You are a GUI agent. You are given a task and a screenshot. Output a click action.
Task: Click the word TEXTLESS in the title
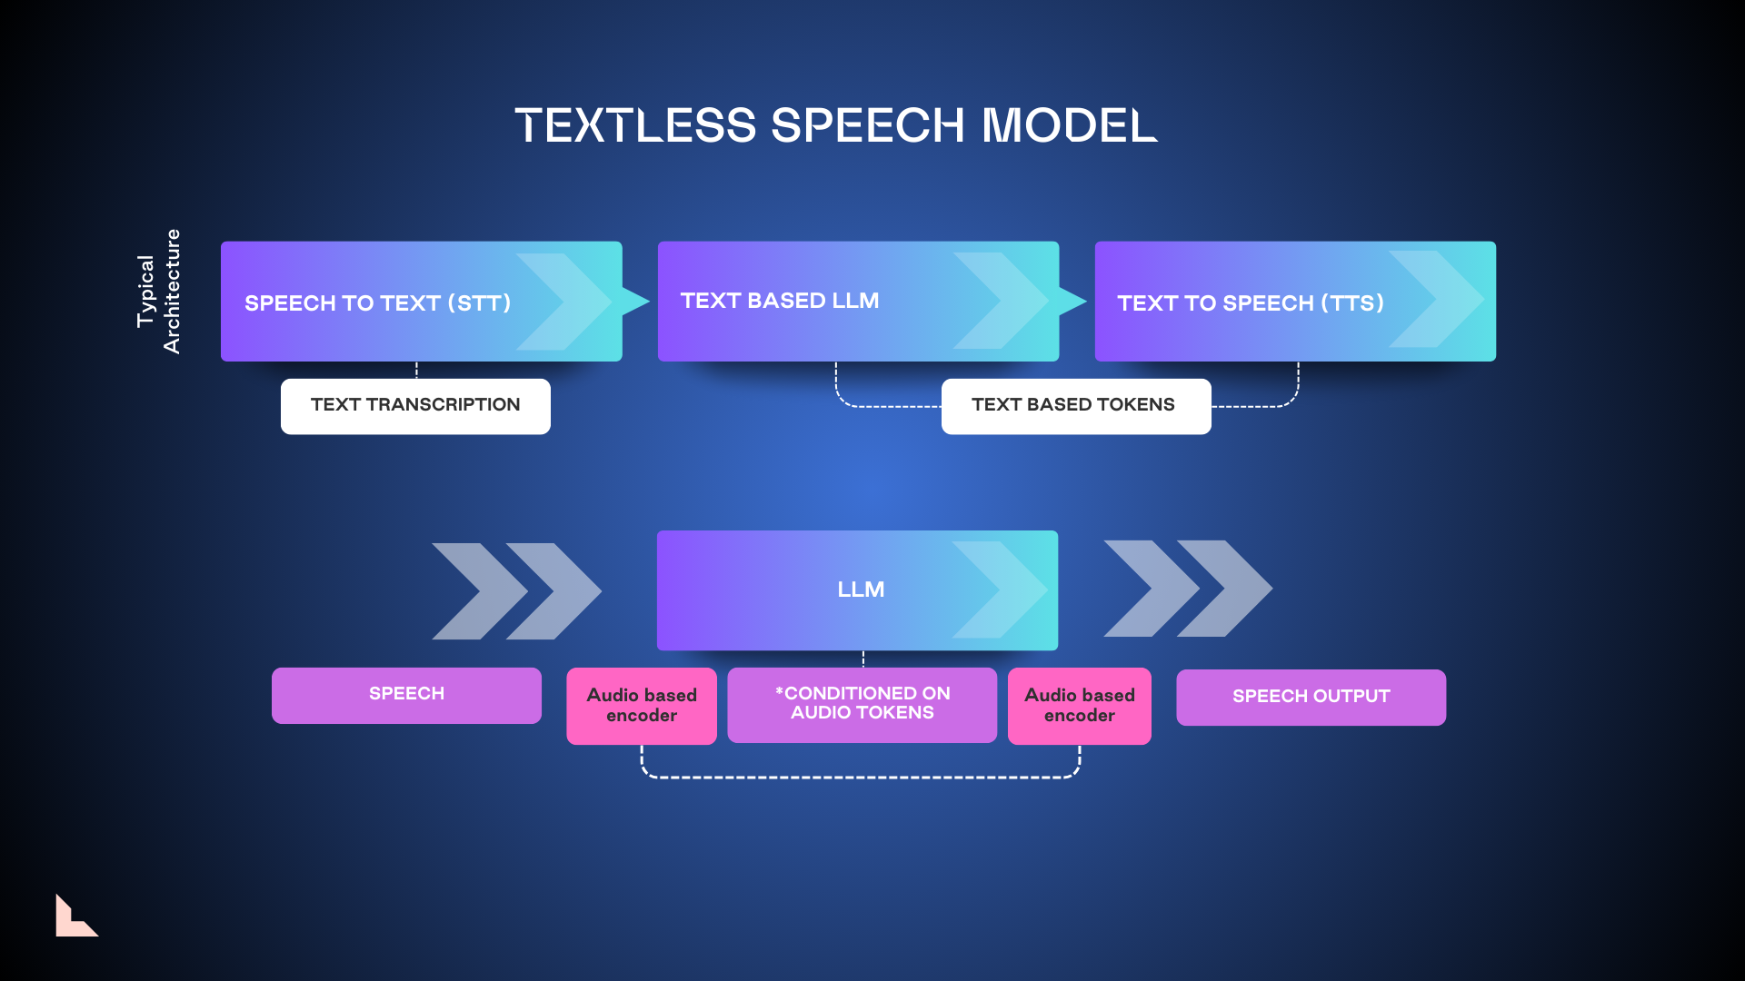[x=635, y=125]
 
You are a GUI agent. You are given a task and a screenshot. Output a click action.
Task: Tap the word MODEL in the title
[x=1069, y=125]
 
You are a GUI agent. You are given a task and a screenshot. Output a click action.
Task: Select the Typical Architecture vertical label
[x=159, y=292]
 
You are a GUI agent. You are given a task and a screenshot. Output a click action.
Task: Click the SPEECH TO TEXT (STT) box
[x=421, y=302]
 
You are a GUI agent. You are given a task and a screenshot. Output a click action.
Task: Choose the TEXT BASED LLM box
[x=858, y=302]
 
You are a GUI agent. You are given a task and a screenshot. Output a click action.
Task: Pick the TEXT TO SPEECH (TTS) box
[x=1295, y=302]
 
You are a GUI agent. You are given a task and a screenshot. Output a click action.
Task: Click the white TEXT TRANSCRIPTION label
[x=415, y=406]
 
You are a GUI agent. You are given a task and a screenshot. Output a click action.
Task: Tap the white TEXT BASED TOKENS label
[x=1076, y=406]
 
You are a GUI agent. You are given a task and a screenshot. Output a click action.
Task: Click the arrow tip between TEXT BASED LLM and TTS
[x=1073, y=301]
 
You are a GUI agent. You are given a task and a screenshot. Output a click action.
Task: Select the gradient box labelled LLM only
[x=857, y=590]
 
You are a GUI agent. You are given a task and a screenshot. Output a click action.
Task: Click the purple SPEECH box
[x=406, y=695]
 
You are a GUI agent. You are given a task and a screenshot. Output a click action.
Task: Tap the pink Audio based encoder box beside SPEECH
[x=642, y=706]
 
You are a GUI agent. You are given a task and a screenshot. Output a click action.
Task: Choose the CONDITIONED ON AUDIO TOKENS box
[x=862, y=705]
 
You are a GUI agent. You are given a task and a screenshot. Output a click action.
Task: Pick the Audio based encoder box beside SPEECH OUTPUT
[x=1080, y=706]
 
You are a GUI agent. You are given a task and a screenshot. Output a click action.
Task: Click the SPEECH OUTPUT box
[x=1311, y=697]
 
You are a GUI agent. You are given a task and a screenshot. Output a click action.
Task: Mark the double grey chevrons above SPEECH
[x=516, y=591]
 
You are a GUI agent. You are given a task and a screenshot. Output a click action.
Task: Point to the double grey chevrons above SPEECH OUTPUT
[x=1188, y=589]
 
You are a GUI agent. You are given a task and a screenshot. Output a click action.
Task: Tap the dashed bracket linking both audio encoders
[x=861, y=778]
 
